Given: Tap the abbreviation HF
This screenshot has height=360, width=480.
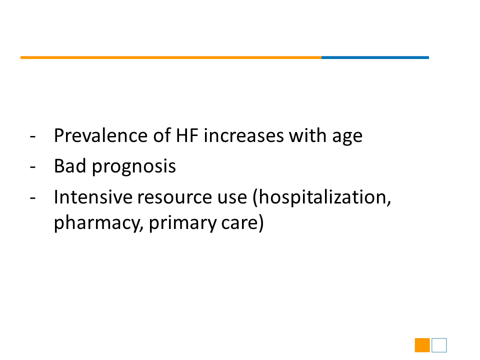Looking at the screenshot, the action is tap(186, 135).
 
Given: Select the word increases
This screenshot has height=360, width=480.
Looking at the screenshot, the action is tap(243, 135).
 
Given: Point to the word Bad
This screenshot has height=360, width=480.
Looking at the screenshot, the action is tap(70, 166).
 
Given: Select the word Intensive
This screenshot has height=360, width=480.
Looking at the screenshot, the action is tap(92, 196).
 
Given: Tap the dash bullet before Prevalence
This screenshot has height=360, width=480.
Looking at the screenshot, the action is tap(33, 136).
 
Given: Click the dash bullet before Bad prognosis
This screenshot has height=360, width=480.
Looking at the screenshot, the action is tap(33, 167).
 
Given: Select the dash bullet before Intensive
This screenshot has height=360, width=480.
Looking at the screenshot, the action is tap(33, 198).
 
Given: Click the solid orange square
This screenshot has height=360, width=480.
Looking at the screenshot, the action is tap(422, 345).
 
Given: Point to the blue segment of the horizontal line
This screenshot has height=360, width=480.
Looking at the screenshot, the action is tap(375, 57).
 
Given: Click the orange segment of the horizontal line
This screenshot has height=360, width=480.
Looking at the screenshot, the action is tap(171, 57).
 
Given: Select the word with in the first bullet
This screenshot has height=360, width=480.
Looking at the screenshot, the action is tap(307, 135).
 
